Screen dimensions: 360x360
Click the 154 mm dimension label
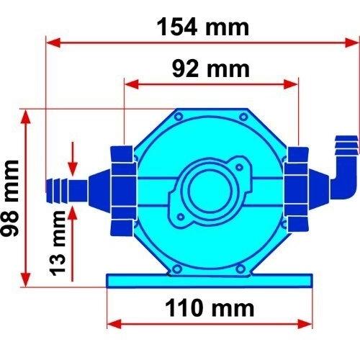(x=203, y=27)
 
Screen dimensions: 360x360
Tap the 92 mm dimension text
(x=211, y=69)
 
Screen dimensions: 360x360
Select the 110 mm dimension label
(x=210, y=308)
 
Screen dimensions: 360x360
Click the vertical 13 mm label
(x=58, y=243)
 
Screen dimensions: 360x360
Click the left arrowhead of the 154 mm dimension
(x=53, y=42)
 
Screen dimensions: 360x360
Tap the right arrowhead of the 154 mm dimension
(x=352, y=42)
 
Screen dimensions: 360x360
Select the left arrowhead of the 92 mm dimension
(x=132, y=84)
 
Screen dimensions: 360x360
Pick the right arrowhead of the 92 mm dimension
(x=291, y=84)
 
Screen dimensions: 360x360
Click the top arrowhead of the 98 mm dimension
(x=26, y=117)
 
